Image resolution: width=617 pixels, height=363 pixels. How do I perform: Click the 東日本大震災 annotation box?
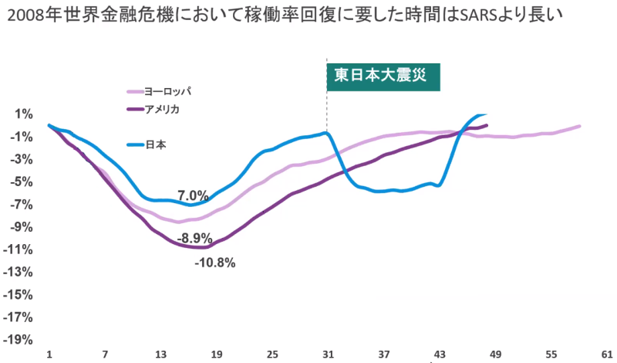pos(383,76)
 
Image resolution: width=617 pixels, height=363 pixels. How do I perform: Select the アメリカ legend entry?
pos(162,109)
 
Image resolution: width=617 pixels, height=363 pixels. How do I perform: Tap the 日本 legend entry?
pos(156,144)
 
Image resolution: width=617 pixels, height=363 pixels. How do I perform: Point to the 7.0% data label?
pos(193,195)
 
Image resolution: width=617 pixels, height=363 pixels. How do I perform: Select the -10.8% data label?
pos(214,263)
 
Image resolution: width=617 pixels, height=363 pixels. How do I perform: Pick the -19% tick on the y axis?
pos(19,340)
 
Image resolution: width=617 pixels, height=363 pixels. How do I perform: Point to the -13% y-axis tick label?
pos(19,272)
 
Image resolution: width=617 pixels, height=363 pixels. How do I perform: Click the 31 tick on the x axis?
pos(328,354)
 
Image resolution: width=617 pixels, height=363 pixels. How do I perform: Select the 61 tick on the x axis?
pos(607,354)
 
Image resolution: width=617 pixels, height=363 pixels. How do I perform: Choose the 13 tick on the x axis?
pos(160,354)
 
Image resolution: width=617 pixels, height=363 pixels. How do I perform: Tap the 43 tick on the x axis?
pos(440,354)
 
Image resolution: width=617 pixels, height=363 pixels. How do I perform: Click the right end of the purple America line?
pos(487,125)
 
